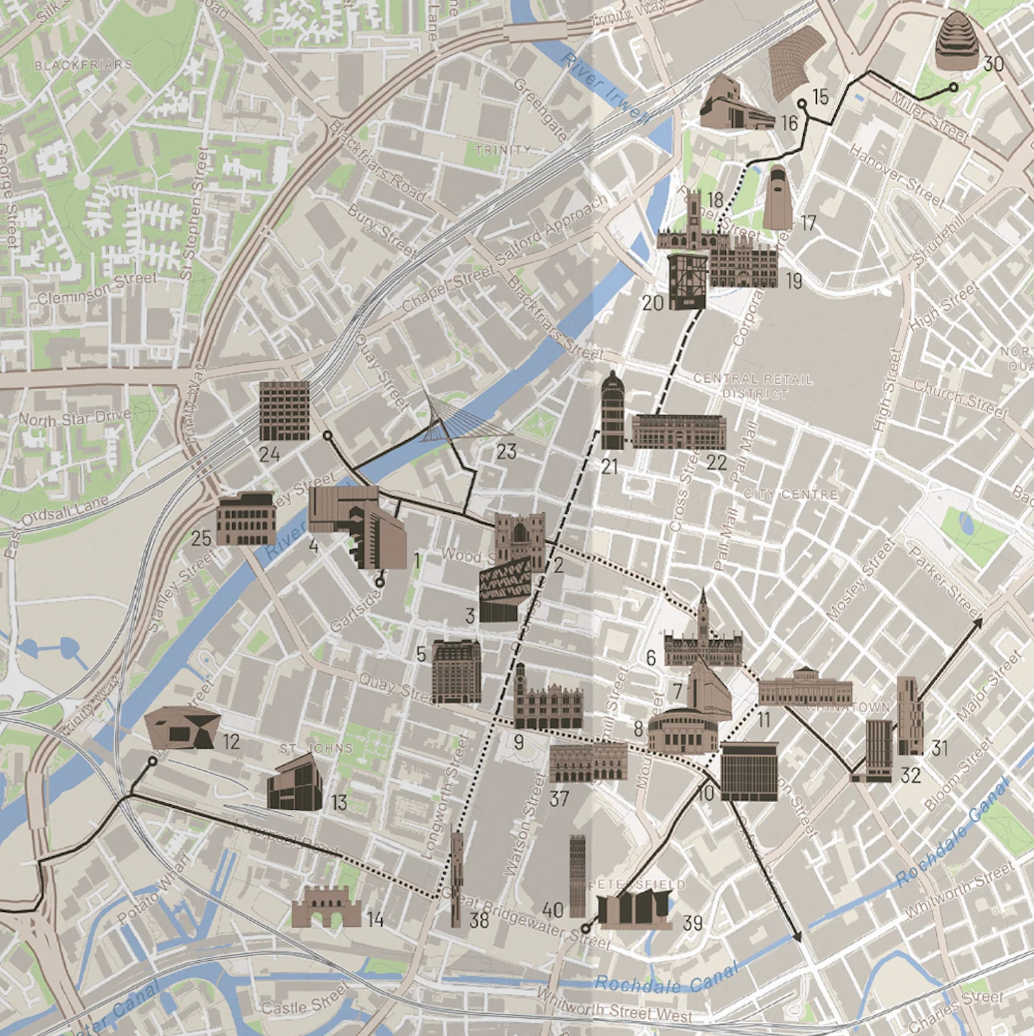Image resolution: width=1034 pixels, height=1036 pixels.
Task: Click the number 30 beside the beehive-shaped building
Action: (993, 64)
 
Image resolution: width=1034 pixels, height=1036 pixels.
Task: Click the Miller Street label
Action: (930, 118)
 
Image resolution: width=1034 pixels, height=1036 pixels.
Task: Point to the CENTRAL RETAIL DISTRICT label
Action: (753, 386)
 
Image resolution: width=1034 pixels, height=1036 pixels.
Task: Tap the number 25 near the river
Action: (201, 538)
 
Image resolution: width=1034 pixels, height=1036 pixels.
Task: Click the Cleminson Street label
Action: (97, 288)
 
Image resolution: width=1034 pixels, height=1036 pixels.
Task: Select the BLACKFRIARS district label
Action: (83, 65)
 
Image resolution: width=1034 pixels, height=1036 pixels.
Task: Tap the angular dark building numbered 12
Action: (182, 728)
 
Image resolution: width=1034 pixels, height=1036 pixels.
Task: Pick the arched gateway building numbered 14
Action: (326, 907)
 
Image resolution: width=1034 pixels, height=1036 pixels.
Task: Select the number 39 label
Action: (692, 922)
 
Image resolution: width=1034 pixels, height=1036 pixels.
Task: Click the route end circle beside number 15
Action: (802, 104)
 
